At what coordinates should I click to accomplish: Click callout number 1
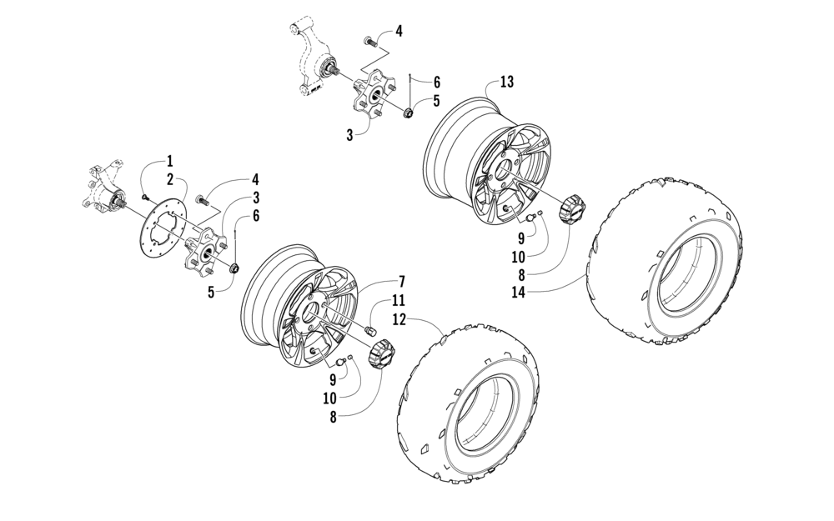[x=169, y=159]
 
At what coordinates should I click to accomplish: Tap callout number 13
[x=506, y=82]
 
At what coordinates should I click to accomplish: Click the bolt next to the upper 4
[x=370, y=39]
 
